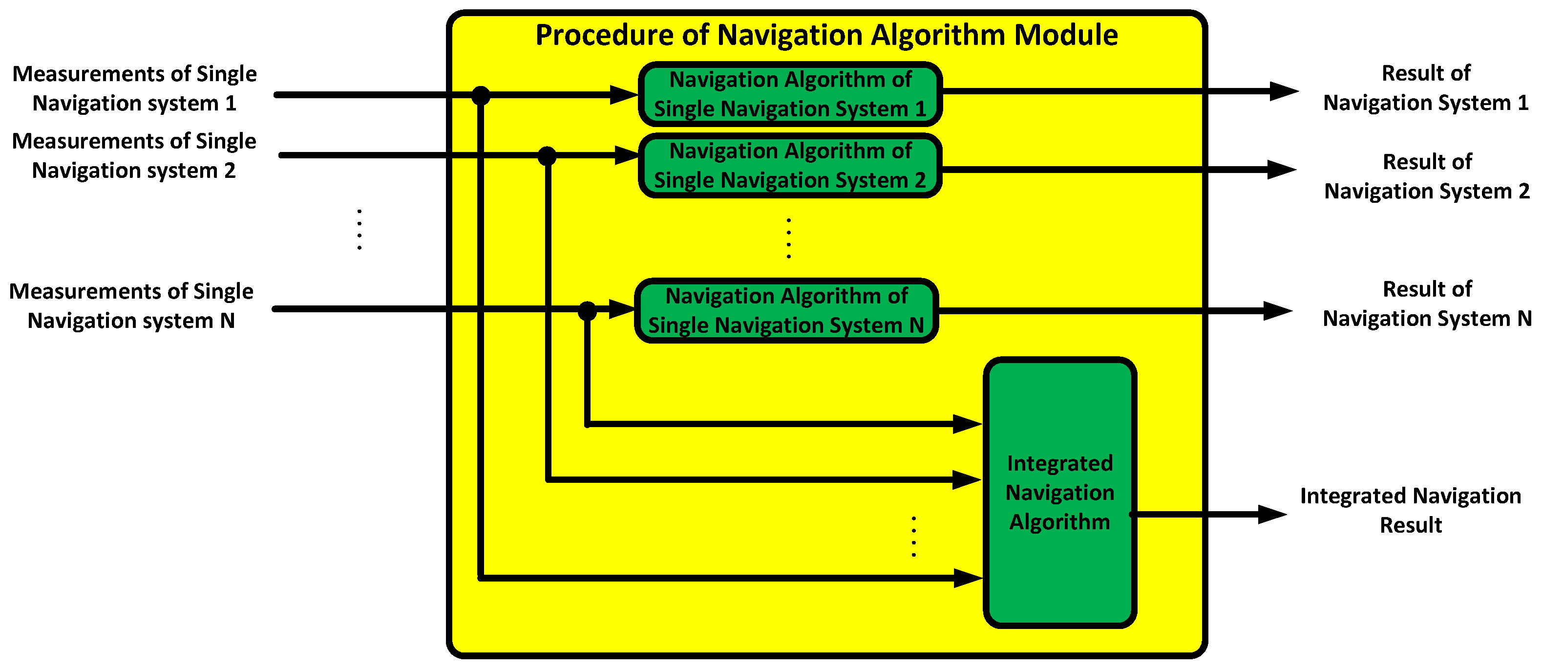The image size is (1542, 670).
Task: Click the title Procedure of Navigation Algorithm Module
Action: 826,35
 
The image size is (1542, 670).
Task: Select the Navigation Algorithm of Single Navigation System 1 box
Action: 790,94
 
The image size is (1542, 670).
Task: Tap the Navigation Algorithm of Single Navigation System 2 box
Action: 790,165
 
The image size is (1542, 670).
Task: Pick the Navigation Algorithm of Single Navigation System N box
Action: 786,310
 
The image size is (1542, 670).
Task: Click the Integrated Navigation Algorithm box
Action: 1059,492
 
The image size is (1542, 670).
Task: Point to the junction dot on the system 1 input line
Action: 481,95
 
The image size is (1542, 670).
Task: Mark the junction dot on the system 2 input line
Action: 547,156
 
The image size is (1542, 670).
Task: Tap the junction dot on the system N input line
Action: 587,311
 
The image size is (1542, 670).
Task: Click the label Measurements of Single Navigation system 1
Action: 135,88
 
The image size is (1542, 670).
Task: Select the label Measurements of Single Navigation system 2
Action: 134,156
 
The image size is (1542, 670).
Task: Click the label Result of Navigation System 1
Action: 1426,88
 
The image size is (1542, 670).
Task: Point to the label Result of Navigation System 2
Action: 1427,176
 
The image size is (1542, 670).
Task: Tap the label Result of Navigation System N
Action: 1427,303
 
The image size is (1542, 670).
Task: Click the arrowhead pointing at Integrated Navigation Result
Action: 1273,514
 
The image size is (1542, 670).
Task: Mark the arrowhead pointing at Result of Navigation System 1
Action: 1284,91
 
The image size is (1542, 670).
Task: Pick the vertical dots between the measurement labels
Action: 359,229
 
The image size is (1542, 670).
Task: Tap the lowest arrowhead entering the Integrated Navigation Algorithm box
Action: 967,578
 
